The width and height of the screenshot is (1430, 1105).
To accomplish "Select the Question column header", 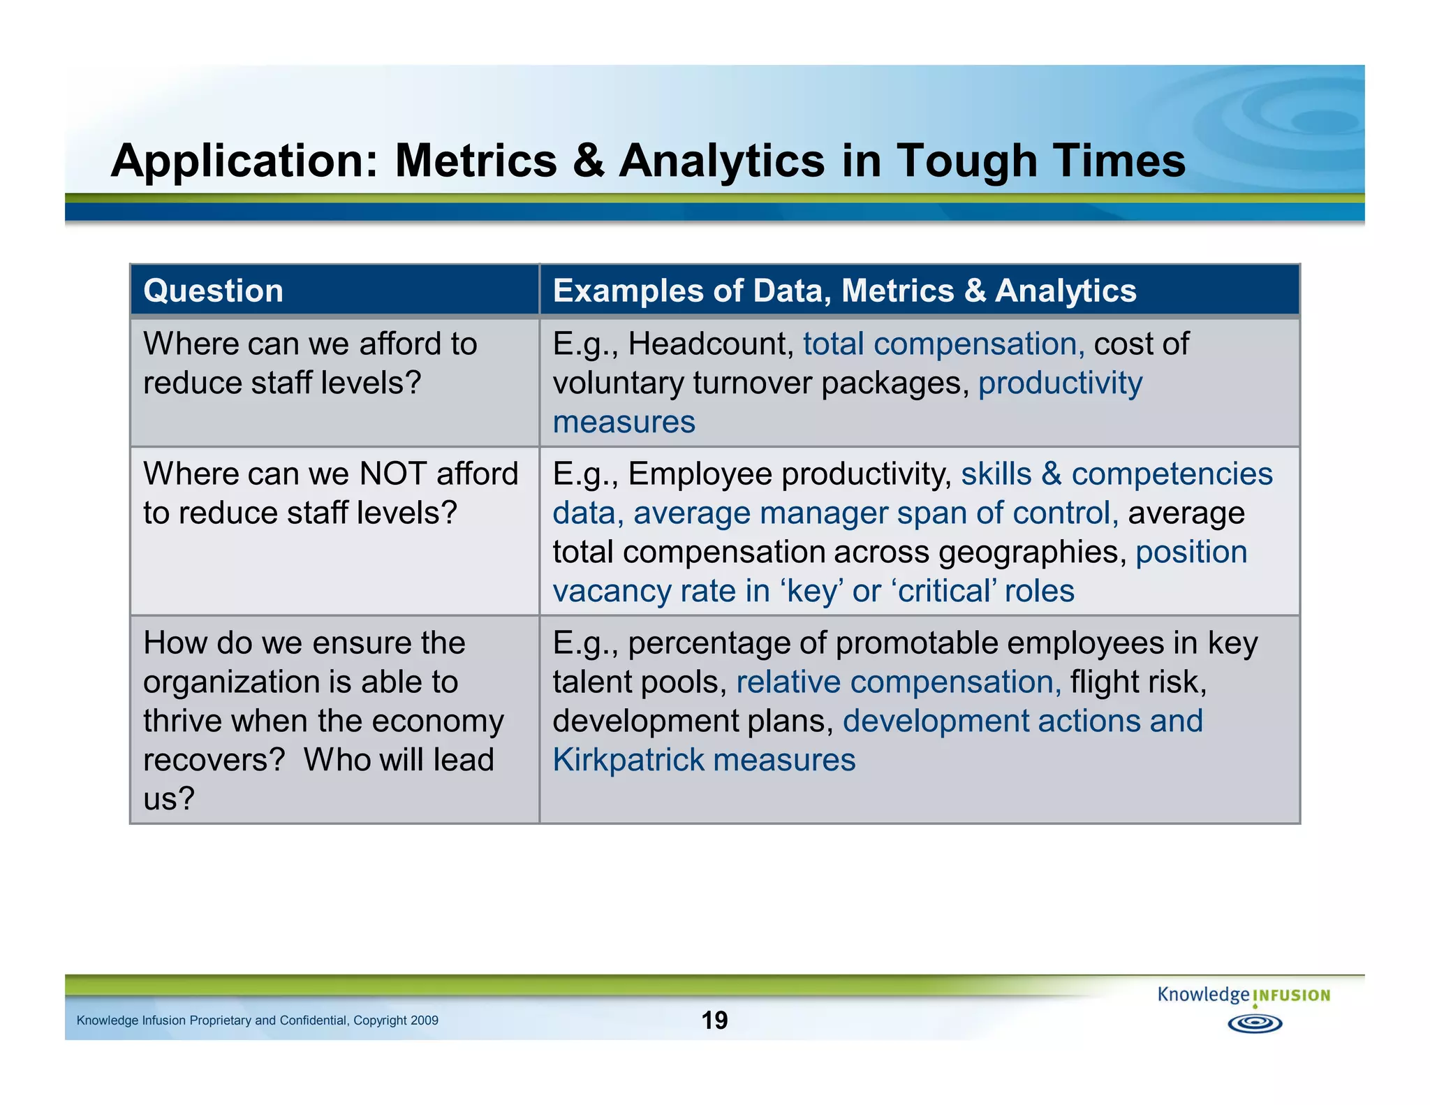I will pyautogui.click(x=213, y=291).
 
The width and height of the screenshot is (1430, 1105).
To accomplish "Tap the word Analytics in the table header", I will pyautogui.click(x=1065, y=291).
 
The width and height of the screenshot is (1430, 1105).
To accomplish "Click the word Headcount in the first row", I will pyautogui.click(x=710, y=344).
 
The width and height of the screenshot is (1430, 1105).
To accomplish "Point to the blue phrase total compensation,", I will pyautogui.click(x=943, y=344).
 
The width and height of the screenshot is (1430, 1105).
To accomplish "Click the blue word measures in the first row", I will pyautogui.click(x=624, y=423).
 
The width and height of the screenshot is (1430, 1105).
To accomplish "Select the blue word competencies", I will pyautogui.click(x=1172, y=474).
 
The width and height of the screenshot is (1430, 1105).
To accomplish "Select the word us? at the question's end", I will pyautogui.click(x=168, y=799).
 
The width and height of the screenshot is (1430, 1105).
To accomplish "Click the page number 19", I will pyautogui.click(x=714, y=1020).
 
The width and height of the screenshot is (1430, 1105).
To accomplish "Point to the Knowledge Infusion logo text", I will pyautogui.click(x=1243, y=995).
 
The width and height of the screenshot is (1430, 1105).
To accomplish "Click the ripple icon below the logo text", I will pyautogui.click(x=1254, y=1024).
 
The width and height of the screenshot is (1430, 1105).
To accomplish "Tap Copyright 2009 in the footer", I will pyautogui.click(x=395, y=1020).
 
